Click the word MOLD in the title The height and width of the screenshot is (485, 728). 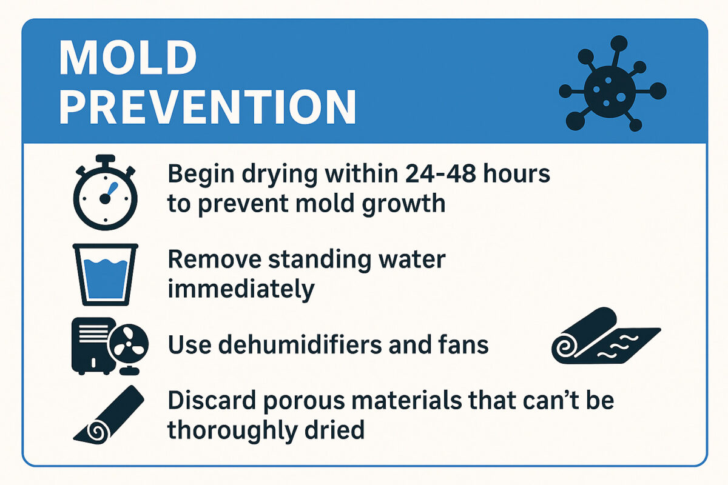128,58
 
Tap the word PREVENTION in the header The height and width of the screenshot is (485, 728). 207,107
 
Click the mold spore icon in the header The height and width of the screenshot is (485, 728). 612,84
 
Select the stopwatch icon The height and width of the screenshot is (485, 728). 105,192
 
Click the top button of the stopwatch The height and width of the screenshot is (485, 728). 106,159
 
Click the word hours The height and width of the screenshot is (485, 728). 516,174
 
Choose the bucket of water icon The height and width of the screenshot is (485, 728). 106,275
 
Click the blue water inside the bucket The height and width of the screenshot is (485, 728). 106,279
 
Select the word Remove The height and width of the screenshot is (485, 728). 215,259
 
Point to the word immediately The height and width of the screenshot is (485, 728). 241,289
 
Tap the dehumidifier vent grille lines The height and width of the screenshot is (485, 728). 94,333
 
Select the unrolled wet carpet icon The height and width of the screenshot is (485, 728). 606,336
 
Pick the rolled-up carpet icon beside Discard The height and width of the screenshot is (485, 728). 109,415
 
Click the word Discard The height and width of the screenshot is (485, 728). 212,400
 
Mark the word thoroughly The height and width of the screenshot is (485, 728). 232,430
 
